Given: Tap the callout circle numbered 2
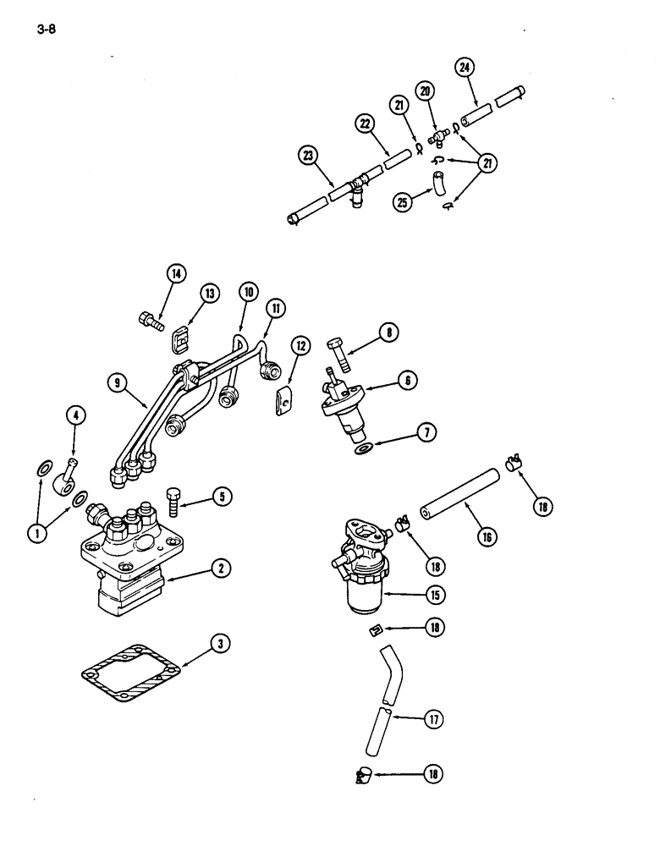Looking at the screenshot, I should click(220, 569).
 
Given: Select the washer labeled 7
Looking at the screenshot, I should click(363, 446).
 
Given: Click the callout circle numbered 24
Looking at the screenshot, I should click(465, 67).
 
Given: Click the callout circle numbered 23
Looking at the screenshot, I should click(309, 154).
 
